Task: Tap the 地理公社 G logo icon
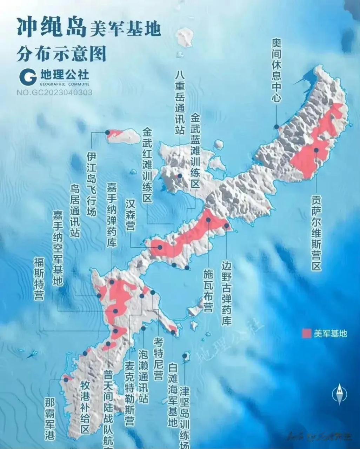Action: click(28, 77)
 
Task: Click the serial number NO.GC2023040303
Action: click(54, 92)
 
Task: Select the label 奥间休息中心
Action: click(276, 70)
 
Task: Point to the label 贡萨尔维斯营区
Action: click(316, 233)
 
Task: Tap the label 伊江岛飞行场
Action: click(91, 184)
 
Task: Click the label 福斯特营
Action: click(39, 279)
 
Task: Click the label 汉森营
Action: click(130, 215)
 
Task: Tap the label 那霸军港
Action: click(50, 419)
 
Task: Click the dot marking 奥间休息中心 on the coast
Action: click(277, 127)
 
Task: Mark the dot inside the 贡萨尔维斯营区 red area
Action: click(316, 150)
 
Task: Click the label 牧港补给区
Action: click(85, 407)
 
